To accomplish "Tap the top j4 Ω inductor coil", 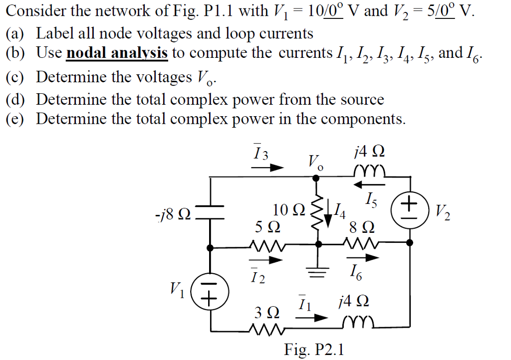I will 369,172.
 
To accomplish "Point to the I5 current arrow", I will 364,185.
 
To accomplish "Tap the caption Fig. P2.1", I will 314,350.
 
